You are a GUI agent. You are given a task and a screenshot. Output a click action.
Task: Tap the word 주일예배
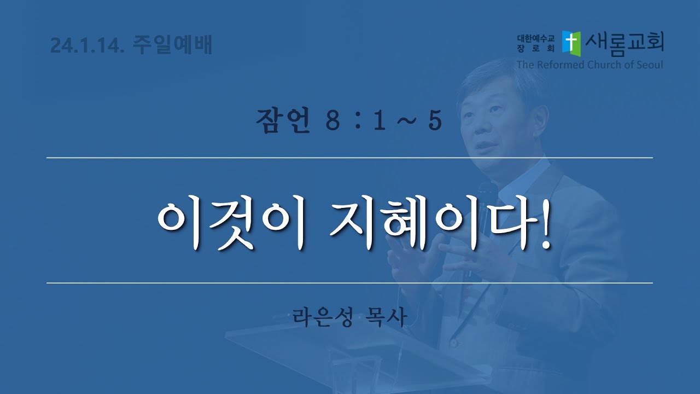tap(173, 44)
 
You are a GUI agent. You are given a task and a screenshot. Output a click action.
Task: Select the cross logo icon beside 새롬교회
tap(571, 43)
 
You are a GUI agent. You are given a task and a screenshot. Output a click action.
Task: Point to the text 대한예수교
tap(536, 38)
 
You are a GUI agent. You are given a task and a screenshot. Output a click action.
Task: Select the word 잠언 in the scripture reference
tap(283, 120)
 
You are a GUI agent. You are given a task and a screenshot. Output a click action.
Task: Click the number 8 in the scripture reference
tap(332, 121)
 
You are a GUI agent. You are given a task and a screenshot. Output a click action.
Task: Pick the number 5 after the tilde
tap(435, 121)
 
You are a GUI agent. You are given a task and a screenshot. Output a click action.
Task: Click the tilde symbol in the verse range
tap(406, 121)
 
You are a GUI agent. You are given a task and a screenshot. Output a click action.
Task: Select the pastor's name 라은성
tap(323, 317)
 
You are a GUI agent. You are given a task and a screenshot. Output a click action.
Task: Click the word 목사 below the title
tap(386, 317)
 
